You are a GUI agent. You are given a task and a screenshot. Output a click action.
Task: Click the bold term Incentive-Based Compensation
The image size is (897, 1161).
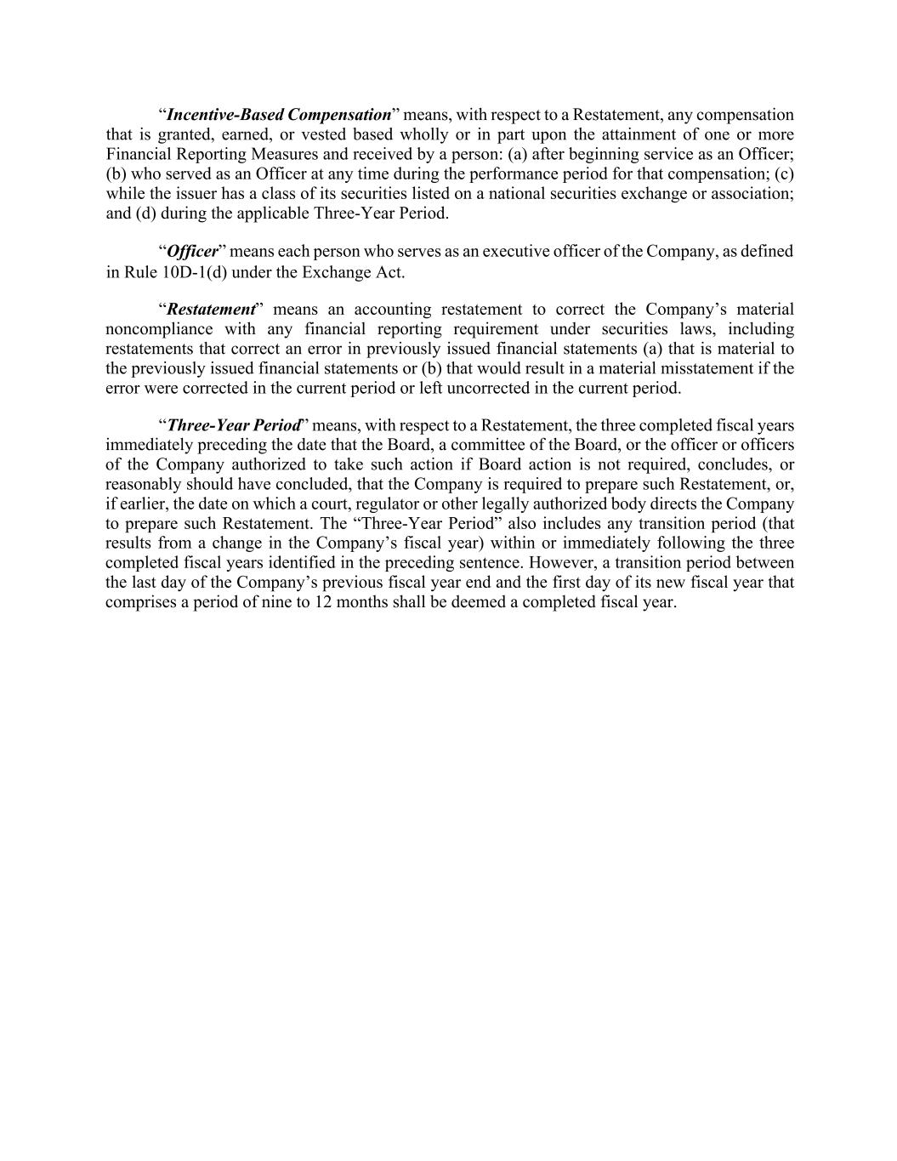point(279,115)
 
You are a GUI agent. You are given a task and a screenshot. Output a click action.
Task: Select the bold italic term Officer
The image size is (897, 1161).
point(193,252)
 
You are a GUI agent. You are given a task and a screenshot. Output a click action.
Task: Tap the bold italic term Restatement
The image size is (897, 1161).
point(211,310)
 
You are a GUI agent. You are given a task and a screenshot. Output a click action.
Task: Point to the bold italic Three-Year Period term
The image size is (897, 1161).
point(235,425)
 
